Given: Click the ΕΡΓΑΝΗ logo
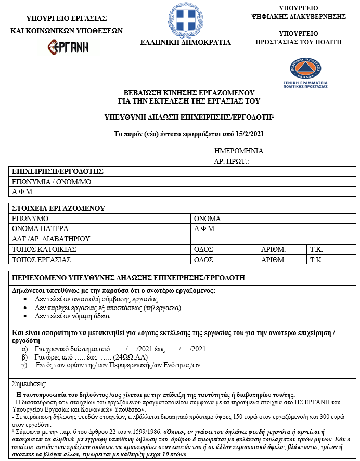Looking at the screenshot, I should click(x=67, y=47).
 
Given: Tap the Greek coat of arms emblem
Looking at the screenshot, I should click(x=185, y=19).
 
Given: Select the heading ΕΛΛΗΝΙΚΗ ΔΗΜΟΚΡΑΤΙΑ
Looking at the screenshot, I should click(x=185, y=42).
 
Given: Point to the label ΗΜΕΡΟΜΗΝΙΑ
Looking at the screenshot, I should click(x=239, y=151).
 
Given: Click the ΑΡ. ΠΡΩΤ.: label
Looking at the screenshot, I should click(x=232, y=162).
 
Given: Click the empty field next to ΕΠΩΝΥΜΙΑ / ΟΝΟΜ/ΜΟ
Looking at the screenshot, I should click(x=235, y=181).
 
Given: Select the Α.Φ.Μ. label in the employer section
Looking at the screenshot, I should click(x=23, y=191).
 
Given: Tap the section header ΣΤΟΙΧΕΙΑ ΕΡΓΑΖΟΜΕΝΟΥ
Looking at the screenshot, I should click(x=58, y=209).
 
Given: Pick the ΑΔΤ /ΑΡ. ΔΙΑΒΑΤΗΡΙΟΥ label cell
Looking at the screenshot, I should click(x=51, y=239).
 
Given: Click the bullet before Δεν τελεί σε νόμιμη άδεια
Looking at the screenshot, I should click(x=27, y=316).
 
